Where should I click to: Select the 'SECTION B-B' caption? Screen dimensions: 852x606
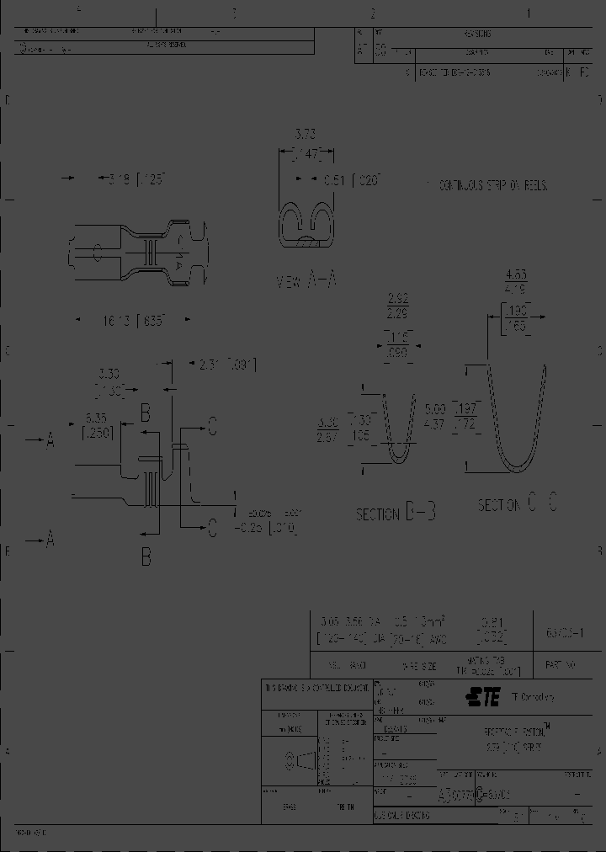(x=395, y=513)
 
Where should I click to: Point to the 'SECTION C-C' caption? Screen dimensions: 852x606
(x=517, y=504)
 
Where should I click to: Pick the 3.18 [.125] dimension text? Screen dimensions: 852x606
(x=130, y=178)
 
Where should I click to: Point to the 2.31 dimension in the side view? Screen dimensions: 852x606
(x=226, y=365)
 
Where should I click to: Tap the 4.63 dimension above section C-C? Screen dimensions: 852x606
(x=516, y=274)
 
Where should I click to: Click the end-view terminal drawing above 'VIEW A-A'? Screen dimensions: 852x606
(x=306, y=226)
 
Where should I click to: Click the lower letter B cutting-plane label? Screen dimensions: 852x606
(x=146, y=556)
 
